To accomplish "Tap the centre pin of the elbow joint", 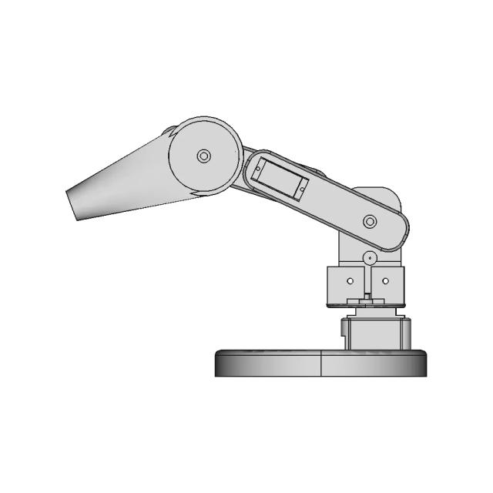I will (204, 156).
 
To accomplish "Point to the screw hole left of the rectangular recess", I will (260, 164).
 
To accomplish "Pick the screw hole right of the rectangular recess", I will (304, 186).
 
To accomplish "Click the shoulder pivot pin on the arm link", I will (370, 222).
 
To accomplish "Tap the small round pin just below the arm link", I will (370, 257).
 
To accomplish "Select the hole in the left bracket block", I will (350, 281).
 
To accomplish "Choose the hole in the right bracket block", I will (385, 281).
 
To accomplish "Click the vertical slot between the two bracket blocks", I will (367, 281).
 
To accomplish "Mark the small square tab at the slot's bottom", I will (367, 297).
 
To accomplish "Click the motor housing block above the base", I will (377, 333).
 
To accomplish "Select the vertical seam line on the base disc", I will (320, 363).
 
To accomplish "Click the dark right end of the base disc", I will (421, 363).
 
